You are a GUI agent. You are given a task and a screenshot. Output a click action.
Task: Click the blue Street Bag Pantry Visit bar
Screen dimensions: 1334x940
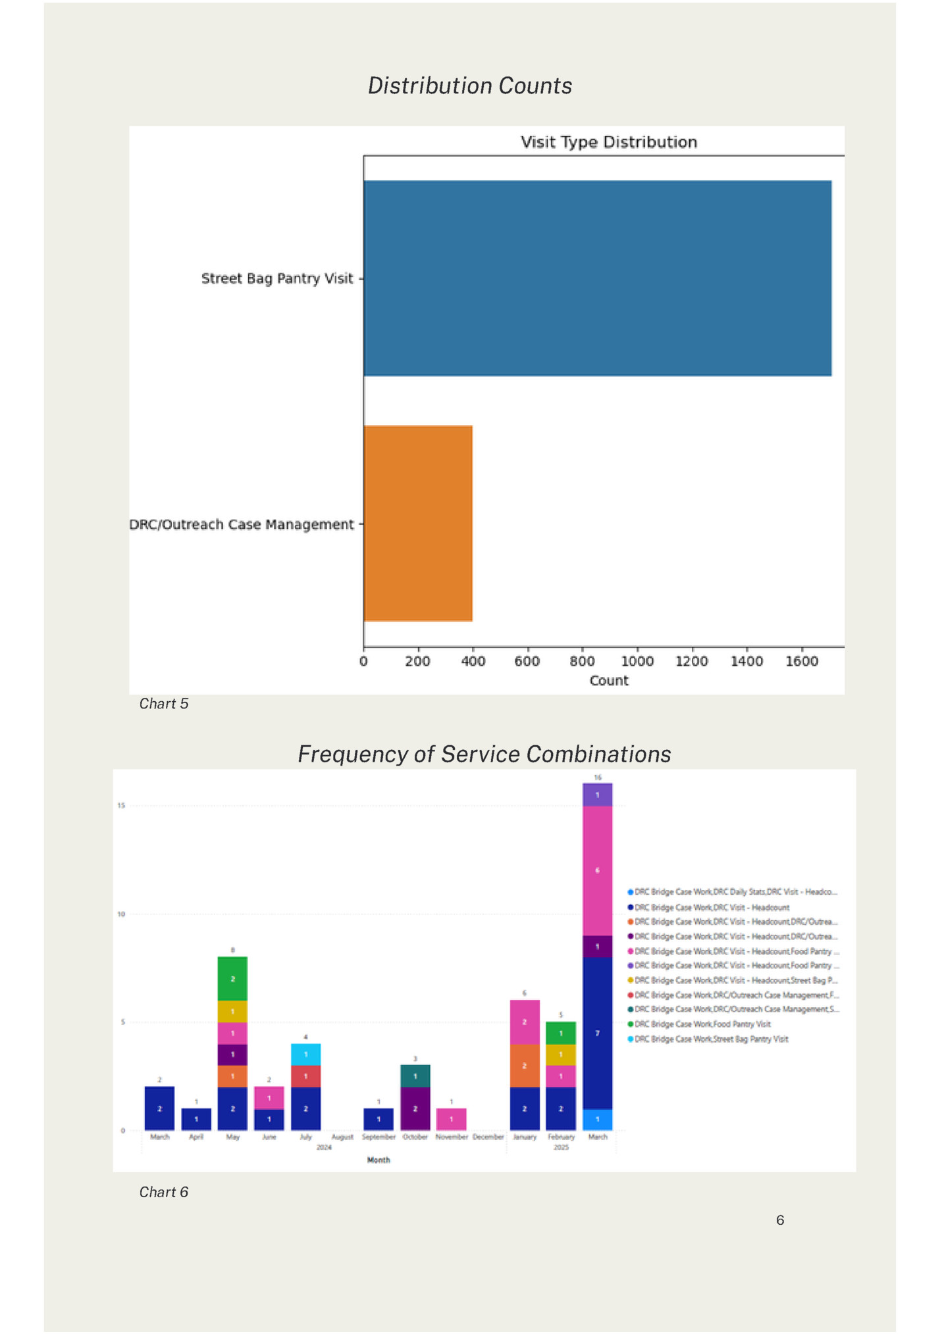click(597, 278)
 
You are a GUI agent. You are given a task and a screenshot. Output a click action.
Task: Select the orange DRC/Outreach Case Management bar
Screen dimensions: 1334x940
click(418, 523)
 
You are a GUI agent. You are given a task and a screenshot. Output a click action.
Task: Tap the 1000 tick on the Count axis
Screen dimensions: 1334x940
click(637, 661)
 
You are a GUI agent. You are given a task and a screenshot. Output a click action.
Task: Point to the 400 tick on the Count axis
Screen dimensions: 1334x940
click(473, 661)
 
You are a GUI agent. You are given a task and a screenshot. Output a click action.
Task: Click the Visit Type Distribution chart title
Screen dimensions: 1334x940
click(608, 142)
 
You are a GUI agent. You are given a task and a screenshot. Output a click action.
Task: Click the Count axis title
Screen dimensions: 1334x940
click(608, 681)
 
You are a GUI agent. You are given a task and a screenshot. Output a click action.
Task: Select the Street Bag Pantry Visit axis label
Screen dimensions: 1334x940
click(277, 278)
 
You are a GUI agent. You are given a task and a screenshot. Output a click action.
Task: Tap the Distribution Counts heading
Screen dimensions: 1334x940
click(469, 86)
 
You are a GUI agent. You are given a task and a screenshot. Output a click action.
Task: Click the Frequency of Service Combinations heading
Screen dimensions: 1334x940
click(484, 754)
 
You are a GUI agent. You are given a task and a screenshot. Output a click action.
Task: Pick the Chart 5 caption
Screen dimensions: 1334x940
click(164, 704)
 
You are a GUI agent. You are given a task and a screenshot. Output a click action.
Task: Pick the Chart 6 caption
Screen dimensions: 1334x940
click(164, 1192)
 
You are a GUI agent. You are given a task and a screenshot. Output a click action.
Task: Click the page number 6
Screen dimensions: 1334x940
click(780, 1220)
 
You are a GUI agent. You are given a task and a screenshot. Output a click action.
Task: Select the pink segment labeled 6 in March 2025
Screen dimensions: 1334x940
click(597, 870)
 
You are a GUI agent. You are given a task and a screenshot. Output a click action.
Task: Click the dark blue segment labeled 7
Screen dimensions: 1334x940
click(597, 1033)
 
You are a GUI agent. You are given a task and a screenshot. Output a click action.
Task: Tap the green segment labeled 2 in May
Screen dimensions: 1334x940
click(232, 979)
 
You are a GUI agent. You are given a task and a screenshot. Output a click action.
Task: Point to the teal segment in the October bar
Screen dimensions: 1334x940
click(415, 1076)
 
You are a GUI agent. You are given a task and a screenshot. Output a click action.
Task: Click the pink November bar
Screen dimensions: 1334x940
click(451, 1119)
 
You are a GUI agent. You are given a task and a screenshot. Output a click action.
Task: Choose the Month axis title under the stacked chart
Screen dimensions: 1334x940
click(379, 1160)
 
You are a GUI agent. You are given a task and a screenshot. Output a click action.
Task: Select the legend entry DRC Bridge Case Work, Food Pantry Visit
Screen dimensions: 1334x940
click(702, 1024)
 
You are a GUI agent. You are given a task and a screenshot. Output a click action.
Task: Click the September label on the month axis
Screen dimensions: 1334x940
click(379, 1137)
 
